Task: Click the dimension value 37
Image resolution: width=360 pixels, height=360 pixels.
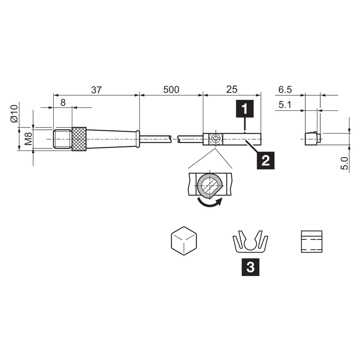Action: click(x=96, y=90)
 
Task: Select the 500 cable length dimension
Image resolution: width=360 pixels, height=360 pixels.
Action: click(x=171, y=90)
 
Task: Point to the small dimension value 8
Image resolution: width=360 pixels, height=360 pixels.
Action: click(x=63, y=103)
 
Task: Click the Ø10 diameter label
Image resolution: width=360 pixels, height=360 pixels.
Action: click(x=14, y=114)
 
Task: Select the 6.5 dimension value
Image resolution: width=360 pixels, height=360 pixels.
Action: click(x=285, y=90)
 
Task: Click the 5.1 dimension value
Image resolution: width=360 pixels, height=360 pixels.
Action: click(x=285, y=105)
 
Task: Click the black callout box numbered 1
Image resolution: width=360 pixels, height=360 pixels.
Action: click(x=245, y=109)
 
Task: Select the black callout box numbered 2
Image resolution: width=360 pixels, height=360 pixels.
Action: click(x=265, y=160)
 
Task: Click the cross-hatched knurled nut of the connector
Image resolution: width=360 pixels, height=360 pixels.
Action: click(x=79, y=139)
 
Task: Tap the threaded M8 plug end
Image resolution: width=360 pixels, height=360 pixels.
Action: click(x=63, y=139)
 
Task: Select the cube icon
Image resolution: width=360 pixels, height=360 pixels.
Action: click(x=184, y=241)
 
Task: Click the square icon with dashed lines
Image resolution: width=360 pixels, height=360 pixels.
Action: click(x=312, y=241)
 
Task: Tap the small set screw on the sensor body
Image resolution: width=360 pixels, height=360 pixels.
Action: click(x=216, y=139)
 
